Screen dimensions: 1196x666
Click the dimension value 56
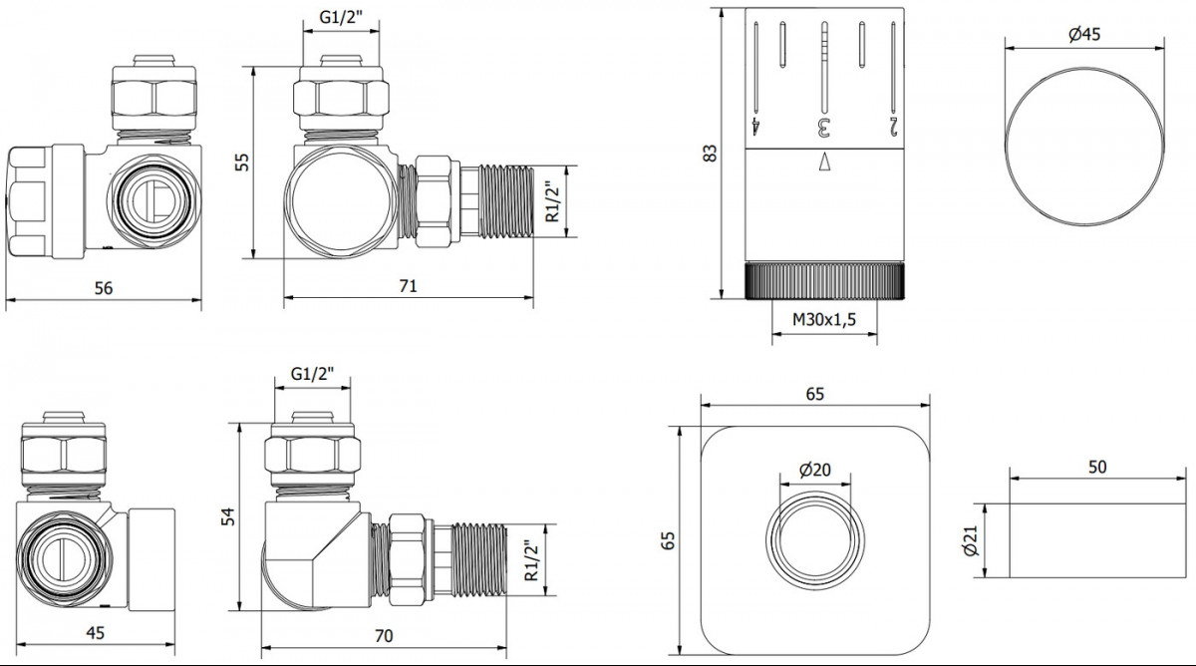point(104,288)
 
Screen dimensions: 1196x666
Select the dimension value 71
point(408,286)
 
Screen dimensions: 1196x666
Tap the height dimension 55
point(242,162)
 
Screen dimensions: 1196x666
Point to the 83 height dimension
point(710,154)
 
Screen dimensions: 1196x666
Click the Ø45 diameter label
point(1084,34)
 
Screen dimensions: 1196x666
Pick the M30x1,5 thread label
point(824,319)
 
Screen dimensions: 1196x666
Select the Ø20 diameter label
point(815,470)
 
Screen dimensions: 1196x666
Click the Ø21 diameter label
point(972,540)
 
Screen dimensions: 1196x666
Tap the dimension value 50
point(1097,467)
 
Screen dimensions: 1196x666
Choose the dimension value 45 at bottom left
point(95,633)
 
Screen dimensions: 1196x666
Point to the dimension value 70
point(384,636)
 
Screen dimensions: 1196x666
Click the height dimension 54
point(228,516)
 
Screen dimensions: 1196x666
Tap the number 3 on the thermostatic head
point(824,127)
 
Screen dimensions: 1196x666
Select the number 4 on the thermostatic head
point(755,127)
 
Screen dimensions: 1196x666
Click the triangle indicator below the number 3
point(824,162)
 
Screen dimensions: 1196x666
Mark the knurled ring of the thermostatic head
point(824,280)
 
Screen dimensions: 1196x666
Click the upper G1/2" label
point(341,17)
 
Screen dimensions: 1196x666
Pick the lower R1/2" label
point(532,560)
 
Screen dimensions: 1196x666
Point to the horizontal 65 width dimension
point(815,394)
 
